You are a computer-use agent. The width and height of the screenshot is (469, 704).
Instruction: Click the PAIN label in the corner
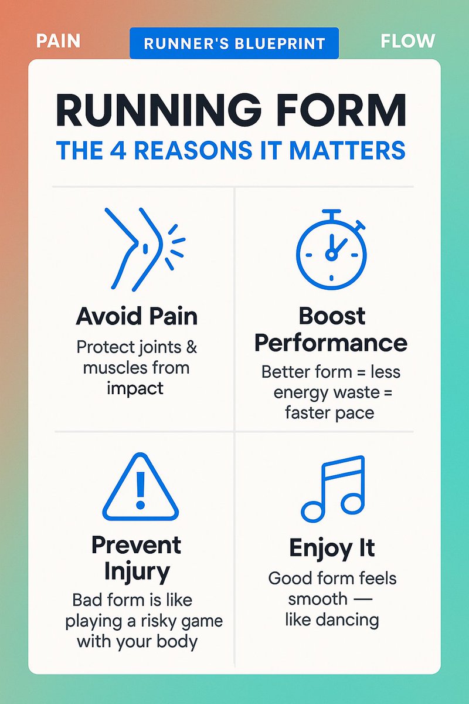pyautogui.click(x=58, y=42)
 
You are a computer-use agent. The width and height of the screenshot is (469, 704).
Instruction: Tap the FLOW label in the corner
pyautogui.click(x=407, y=42)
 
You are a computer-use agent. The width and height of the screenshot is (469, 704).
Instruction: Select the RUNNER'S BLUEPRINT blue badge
pyautogui.click(x=235, y=43)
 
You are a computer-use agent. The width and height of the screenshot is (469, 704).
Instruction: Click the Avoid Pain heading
pyautogui.click(x=137, y=317)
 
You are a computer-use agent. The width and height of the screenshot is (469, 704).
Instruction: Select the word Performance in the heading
pyautogui.click(x=331, y=342)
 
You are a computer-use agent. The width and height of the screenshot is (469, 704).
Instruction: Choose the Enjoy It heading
pyautogui.click(x=332, y=549)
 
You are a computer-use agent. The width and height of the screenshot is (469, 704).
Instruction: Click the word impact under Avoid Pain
pyautogui.click(x=136, y=388)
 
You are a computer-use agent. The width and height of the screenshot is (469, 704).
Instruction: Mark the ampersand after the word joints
pyautogui.click(x=192, y=347)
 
